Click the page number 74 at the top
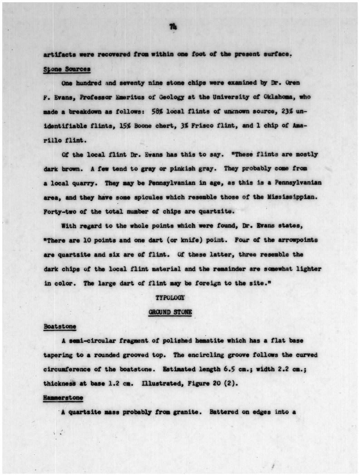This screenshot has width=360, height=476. [173, 27]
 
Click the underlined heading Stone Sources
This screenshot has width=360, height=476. [67, 69]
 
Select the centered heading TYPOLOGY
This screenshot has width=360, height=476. [170, 298]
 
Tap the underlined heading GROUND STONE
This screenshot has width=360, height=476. [170, 312]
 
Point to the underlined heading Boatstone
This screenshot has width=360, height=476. [60, 326]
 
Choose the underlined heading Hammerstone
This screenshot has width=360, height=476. [63, 398]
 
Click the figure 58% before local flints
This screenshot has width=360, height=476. [157, 111]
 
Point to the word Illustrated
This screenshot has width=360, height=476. [159, 383]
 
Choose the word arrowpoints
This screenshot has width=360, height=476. [298, 240]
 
